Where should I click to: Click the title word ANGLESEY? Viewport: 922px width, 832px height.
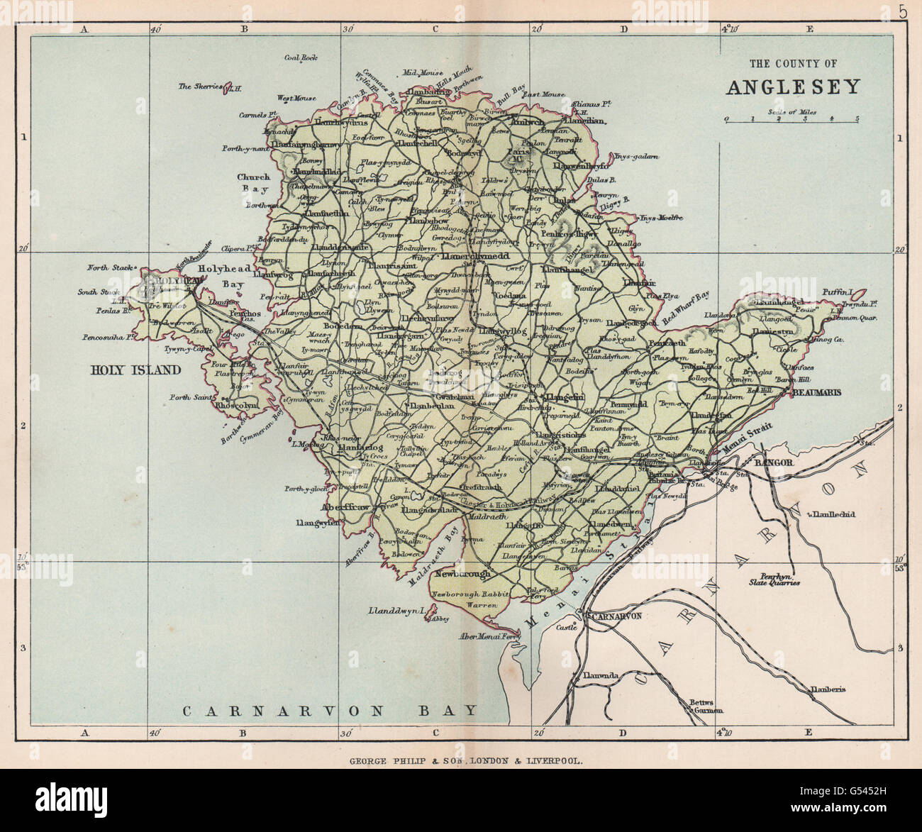(793, 87)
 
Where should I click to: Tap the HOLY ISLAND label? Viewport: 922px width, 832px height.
(135, 370)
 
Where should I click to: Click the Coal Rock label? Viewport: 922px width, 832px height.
(300, 58)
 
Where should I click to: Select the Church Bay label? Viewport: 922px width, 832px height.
(254, 183)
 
